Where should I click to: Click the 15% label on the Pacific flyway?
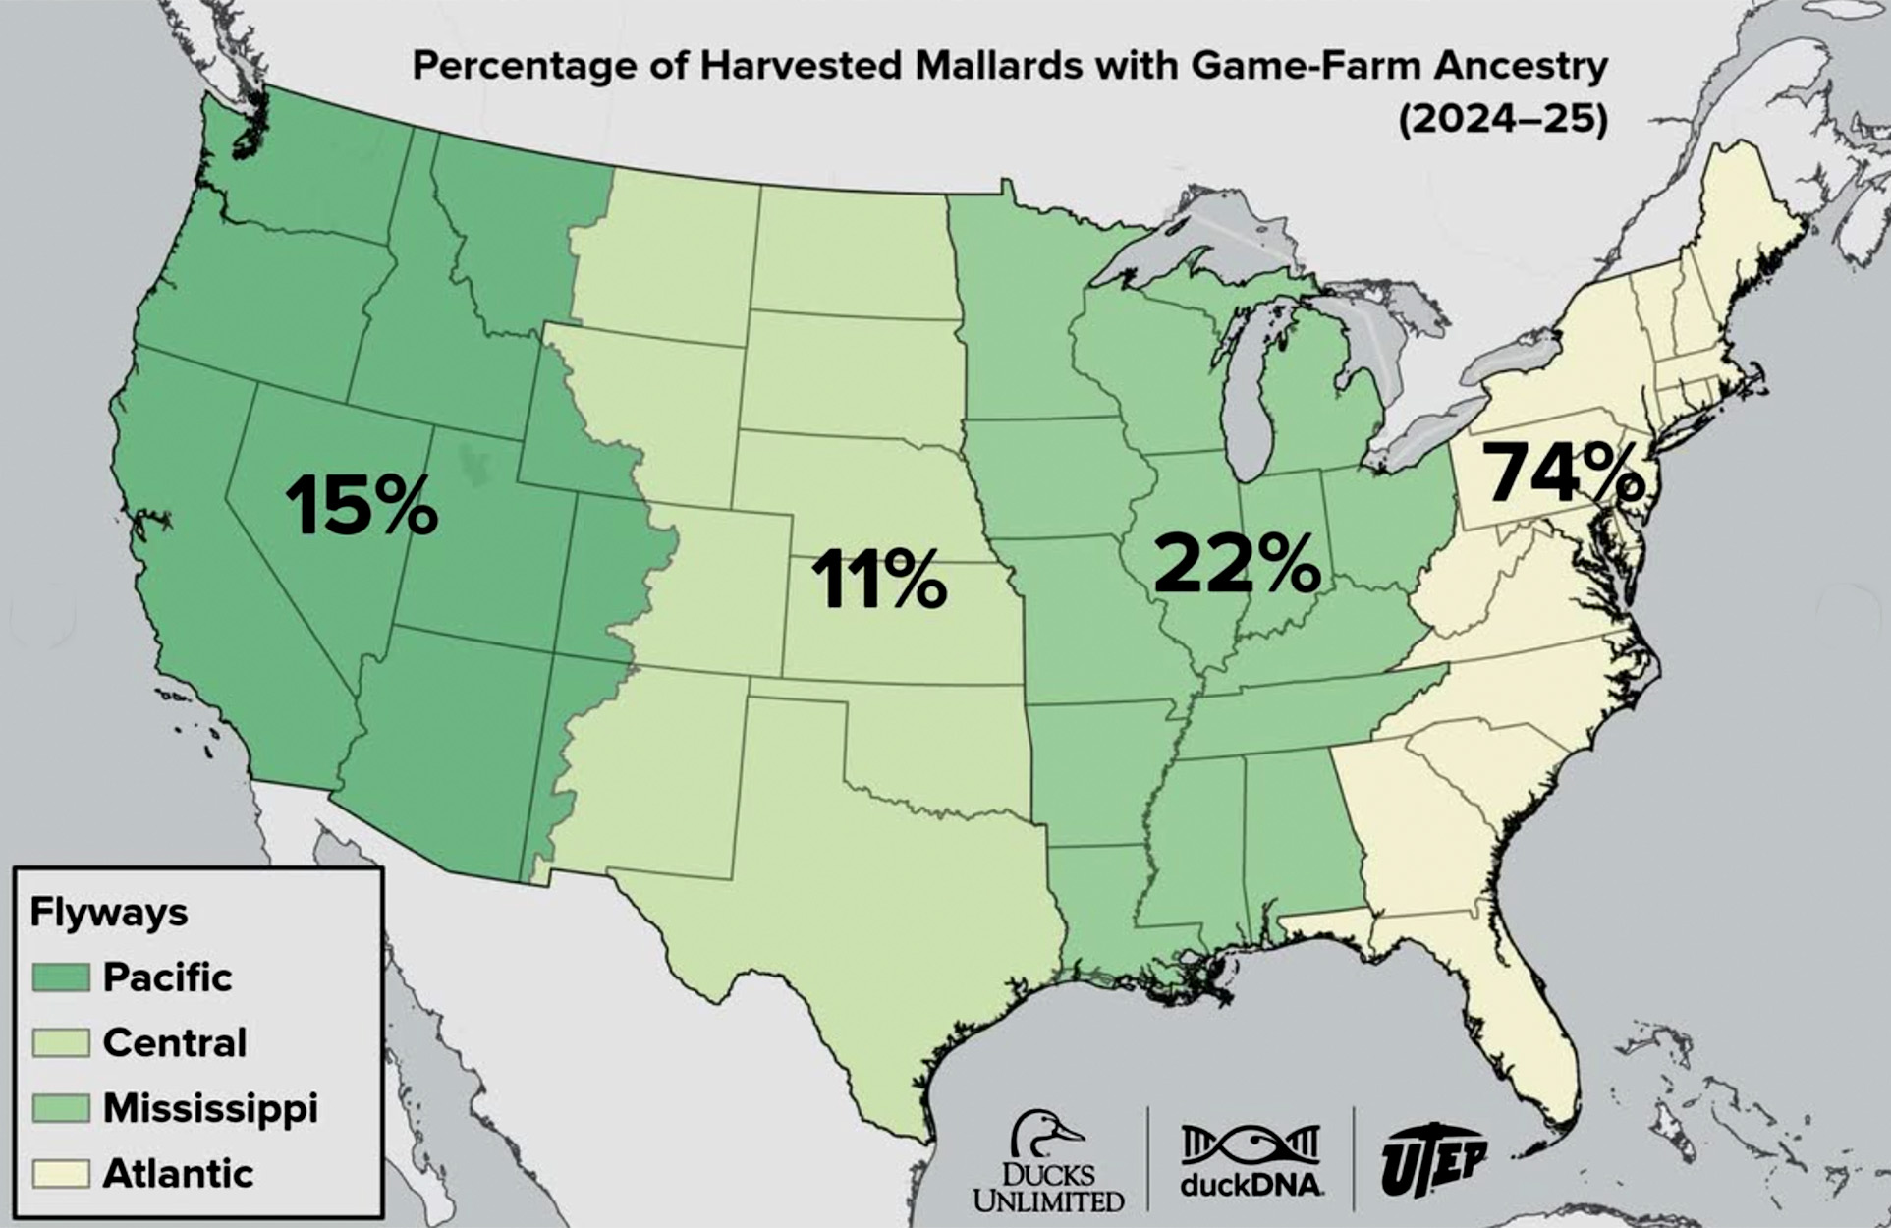point(361,505)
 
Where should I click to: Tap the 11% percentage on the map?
point(878,580)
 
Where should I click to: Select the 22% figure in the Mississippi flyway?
point(1237,564)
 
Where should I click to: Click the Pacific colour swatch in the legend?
point(61,977)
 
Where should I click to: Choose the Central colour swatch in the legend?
point(61,1042)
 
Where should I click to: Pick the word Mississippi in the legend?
point(210,1108)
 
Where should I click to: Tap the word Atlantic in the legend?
point(178,1173)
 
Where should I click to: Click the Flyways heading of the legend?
point(109,912)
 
